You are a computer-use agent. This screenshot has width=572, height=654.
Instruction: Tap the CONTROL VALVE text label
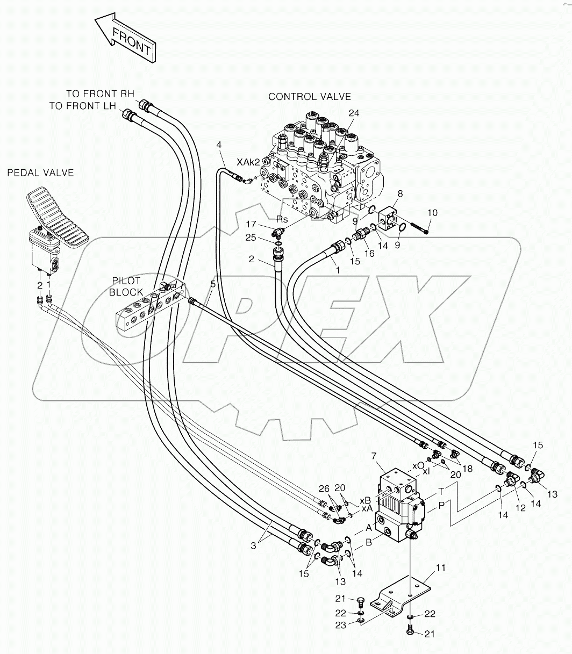(x=309, y=97)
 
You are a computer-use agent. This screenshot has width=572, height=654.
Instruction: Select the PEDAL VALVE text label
(x=40, y=173)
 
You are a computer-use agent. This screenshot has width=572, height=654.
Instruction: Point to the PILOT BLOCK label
(x=127, y=287)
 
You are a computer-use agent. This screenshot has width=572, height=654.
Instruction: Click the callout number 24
(x=354, y=113)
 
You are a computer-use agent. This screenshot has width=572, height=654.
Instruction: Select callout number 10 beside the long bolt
(x=433, y=213)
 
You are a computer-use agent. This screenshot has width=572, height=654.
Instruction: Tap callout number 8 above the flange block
(x=400, y=193)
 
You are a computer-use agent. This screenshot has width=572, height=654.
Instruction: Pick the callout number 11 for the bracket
(x=441, y=567)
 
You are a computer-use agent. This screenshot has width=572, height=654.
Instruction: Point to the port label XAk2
(x=249, y=161)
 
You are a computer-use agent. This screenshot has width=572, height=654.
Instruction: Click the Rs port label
(x=282, y=219)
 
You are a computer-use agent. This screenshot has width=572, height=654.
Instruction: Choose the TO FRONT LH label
(x=82, y=106)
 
